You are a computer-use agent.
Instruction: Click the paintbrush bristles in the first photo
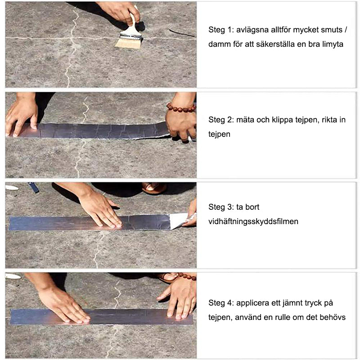pyautogui.click(x=128, y=43)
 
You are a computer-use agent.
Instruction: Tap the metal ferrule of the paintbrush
pyautogui.click(x=131, y=36)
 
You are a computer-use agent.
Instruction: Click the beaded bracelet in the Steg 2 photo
pyautogui.click(x=181, y=108)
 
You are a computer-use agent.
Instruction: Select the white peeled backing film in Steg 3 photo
pyautogui.click(x=179, y=220)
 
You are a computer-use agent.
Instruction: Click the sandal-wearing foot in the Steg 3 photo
pyautogui.click(x=154, y=188)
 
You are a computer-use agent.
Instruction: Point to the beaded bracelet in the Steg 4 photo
pyautogui.click(x=187, y=276)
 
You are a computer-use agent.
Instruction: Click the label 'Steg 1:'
pyautogui.click(x=221, y=30)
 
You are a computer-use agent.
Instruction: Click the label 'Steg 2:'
pyautogui.click(x=221, y=120)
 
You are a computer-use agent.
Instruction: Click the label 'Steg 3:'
pyautogui.click(x=221, y=207)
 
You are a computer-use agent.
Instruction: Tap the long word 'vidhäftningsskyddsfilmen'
pyautogui.click(x=253, y=221)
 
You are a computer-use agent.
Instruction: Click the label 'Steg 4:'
pyautogui.click(x=221, y=303)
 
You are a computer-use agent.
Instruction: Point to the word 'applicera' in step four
pyautogui.click(x=252, y=303)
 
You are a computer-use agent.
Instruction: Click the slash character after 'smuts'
pyautogui.click(x=346, y=30)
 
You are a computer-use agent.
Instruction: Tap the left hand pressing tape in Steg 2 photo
pyautogui.click(x=22, y=117)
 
